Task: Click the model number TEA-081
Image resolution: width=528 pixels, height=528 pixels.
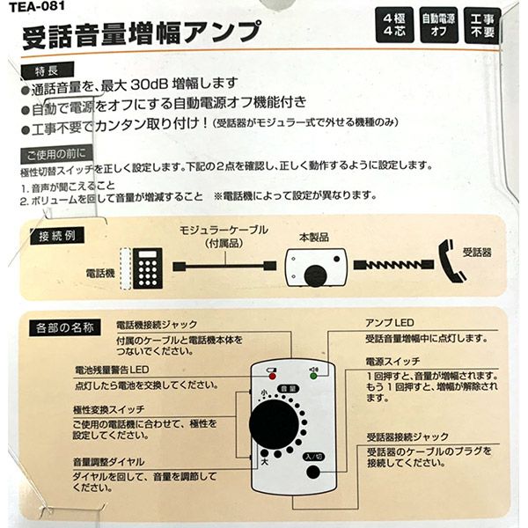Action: pos(36,6)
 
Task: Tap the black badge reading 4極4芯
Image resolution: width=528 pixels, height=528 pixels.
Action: pos(394,26)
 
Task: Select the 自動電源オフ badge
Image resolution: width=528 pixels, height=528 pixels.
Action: pos(439,26)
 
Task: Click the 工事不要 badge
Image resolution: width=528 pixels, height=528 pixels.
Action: pos(482,26)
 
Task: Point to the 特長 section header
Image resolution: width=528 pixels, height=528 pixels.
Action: pos(48,70)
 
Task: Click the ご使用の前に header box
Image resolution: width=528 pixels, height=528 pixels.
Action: pos(56,155)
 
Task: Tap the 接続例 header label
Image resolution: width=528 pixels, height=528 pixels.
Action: pos(57,236)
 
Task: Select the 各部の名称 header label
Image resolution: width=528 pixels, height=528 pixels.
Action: pos(64,327)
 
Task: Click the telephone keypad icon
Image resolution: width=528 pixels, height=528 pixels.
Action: pos(148,268)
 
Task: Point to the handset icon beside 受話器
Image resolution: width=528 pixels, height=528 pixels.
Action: pos(451,262)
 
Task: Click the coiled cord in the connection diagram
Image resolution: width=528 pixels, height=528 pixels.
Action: pos(393,265)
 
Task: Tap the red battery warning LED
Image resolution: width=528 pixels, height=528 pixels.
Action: pos(273,376)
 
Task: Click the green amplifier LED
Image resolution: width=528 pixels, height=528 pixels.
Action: pos(313,376)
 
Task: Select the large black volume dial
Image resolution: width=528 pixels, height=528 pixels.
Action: pos(274,425)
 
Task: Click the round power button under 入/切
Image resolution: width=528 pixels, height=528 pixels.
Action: pos(313,472)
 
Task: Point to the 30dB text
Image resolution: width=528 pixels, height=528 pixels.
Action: pos(149,84)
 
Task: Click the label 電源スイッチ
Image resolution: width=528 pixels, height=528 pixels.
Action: pos(393,362)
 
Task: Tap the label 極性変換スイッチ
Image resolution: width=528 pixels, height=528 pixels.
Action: pos(109,410)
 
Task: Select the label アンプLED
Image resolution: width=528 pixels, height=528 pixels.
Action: pos(390,323)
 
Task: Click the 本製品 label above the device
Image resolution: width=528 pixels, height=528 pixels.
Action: pos(314,237)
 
